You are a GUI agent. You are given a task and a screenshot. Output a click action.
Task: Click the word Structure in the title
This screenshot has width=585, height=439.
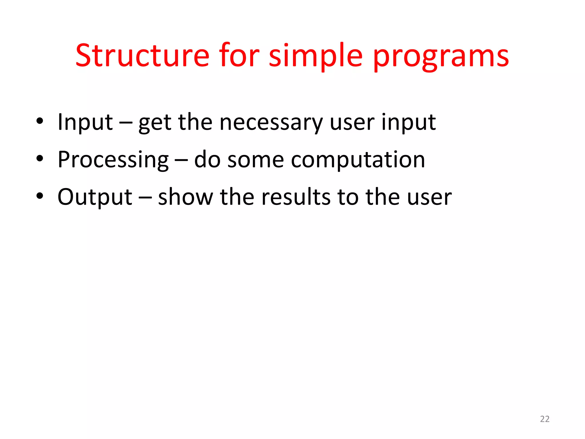pos(142,55)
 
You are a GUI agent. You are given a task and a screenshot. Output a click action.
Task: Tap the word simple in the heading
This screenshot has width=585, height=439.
pos(315,55)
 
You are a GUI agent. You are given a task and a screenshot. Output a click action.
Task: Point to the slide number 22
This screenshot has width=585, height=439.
pos(545,419)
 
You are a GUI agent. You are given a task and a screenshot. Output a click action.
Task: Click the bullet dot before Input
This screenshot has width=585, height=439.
pos(40,121)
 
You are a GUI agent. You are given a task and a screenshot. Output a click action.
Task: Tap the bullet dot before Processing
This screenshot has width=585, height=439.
pos(40,159)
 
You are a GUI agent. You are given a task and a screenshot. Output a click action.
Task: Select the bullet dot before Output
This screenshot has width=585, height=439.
pos(40,196)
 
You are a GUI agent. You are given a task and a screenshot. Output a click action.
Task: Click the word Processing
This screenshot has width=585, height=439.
pos(113,160)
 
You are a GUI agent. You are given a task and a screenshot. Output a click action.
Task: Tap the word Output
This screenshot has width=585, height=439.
pos(95,197)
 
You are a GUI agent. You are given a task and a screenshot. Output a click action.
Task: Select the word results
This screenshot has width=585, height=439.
pos(296,197)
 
